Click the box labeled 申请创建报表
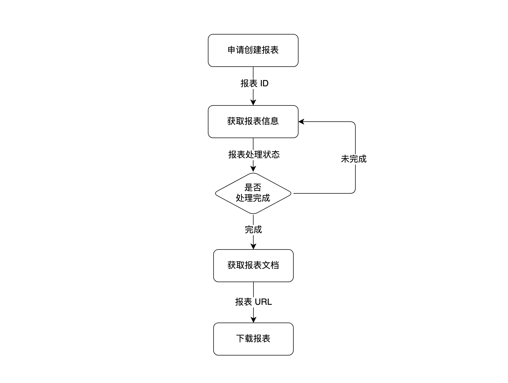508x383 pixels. click(253, 50)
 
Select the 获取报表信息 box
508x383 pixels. click(253, 121)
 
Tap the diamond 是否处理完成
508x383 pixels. click(253, 193)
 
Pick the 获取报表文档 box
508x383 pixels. click(253, 265)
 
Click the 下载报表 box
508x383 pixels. click(253, 339)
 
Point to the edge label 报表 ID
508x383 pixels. click(254, 83)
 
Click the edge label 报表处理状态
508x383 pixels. click(254, 155)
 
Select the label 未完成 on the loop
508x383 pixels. click(353, 159)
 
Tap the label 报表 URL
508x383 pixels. click(253, 302)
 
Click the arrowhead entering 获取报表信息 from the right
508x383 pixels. click(301, 122)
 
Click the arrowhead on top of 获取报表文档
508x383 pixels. click(253, 246)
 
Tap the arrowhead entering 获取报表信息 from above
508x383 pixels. click(253, 102)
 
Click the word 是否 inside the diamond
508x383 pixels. click(253, 187)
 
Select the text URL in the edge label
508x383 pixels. click(263, 302)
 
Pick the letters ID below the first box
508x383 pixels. click(264, 83)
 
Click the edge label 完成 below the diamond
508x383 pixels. click(253, 230)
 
